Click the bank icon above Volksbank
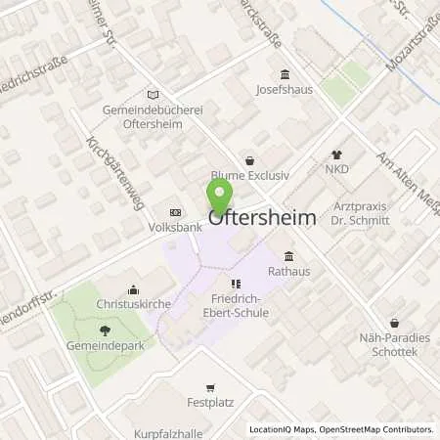pos(175,212)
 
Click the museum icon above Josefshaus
pos(285,75)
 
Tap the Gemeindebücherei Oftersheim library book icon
pos(152,95)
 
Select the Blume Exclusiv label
pos(250,176)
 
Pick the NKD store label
pos(338,170)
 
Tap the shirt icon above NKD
pos(338,154)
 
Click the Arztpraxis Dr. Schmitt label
pos(374,213)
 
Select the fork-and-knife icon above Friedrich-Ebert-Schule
pos(235,284)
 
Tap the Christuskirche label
pos(134,305)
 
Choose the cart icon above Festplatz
pos(208,387)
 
